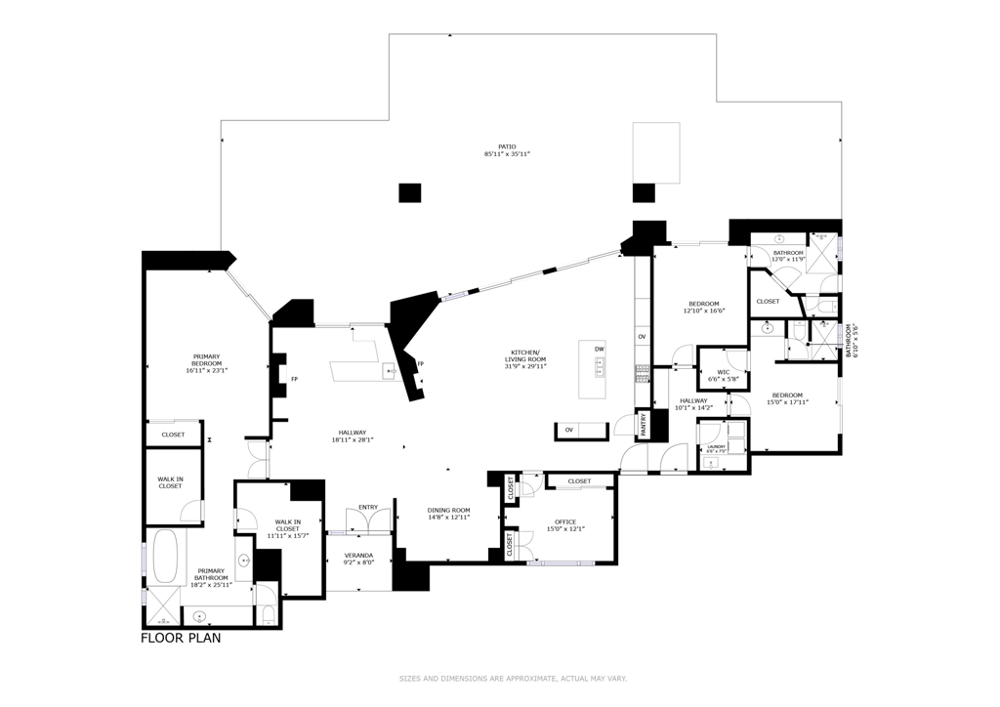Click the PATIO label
point(507,147)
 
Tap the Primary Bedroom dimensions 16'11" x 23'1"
point(206,370)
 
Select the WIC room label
point(723,371)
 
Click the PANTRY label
point(644,423)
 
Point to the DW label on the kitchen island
point(600,349)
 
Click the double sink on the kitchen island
point(600,366)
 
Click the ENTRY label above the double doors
point(368,507)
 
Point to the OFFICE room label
point(566,521)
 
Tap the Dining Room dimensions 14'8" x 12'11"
point(448,517)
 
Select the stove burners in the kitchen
point(644,370)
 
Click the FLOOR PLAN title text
point(181,638)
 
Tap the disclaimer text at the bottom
point(512,678)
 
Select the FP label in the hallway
point(294,379)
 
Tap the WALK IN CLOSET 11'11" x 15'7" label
point(287,528)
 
